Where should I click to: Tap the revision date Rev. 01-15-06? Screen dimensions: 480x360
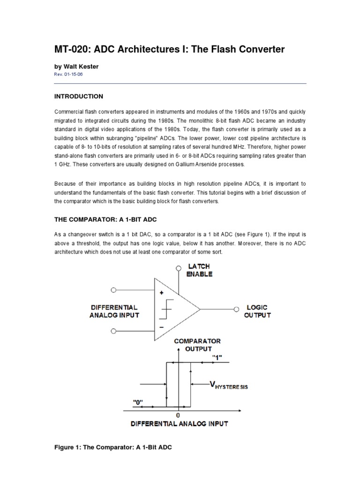pyautogui.click(x=69, y=75)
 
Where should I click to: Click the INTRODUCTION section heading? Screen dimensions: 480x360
pyautogui.click(x=79, y=96)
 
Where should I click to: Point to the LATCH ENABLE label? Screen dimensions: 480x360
pyautogui.click(x=199, y=270)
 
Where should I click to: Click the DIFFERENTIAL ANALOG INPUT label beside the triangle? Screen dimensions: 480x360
pyautogui.click(x=114, y=312)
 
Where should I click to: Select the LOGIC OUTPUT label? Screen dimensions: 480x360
pyautogui.click(x=257, y=311)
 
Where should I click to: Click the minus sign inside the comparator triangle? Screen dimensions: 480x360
pyautogui.click(x=161, y=327)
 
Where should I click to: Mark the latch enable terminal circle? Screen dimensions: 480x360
pyautogui.click(x=178, y=268)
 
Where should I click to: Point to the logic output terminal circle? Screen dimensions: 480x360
pyautogui.click(x=237, y=309)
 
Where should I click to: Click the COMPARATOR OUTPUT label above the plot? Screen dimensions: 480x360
pyautogui.click(x=197, y=345)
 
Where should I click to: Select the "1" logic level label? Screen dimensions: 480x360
pyautogui.click(x=217, y=358)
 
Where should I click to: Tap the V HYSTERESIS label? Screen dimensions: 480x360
pyautogui.click(x=228, y=385)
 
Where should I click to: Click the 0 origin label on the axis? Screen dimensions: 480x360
pyautogui.click(x=178, y=415)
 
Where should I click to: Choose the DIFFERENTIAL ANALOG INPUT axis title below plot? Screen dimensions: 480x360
pyautogui.click(x=180, y=424)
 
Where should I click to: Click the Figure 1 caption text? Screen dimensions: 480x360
pyautogui.click(x=113, y=448)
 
